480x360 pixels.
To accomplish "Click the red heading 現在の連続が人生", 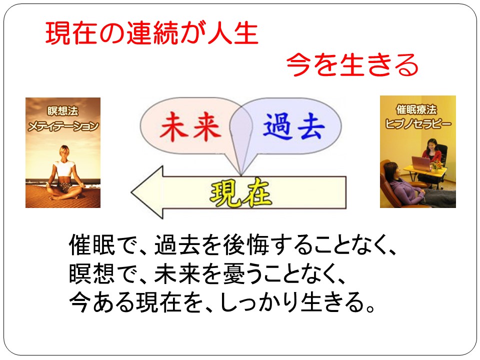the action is (x=152, y=33).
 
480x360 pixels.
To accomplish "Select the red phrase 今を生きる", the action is (x=352, y=64).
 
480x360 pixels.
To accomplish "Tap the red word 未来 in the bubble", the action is (x=190, y=126).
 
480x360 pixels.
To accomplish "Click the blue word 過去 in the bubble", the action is (x=293, y=126).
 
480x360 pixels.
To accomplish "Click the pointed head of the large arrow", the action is (x=131, y=192).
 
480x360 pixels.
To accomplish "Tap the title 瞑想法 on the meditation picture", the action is (x=63, y=111).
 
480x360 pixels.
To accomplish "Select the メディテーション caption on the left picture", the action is (x=63, y=126).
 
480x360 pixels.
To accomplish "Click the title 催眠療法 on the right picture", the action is (x=416, y=109).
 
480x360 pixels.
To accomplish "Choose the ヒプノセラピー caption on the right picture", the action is (x=418, y=123).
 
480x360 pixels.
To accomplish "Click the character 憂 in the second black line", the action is (x=234, y=273).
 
